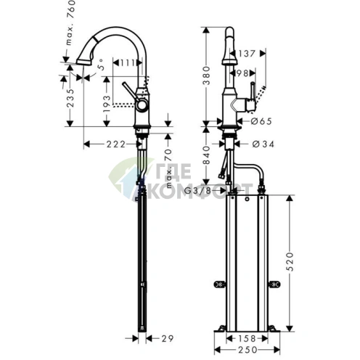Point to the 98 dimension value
[244, 74]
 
